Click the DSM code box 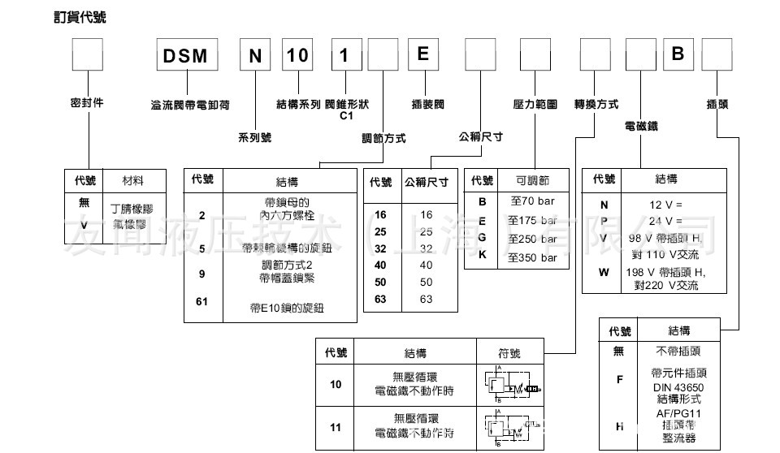click(187, 55)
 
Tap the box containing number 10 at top click(298, 55)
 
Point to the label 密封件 click(87, 103)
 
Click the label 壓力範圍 click(535, 105)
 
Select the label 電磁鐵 click(640, 127)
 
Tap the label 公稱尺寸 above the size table click(480, 136)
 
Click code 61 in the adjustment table click(203, 302)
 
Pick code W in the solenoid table click(603, 272)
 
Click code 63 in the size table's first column click(380, 300)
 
